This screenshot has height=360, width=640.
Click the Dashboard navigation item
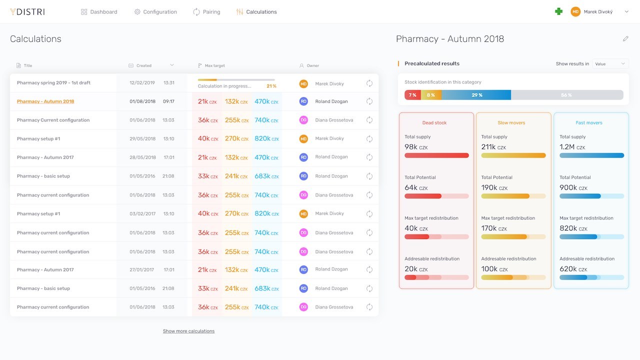pos(99,12)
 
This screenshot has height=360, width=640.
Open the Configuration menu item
pos(155,12)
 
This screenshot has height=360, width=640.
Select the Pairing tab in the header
pos(206,12)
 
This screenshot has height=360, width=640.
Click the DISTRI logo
pos(27,12)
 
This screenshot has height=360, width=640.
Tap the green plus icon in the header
pos(559,11)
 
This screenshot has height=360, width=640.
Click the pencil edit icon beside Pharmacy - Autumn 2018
pos(625,39)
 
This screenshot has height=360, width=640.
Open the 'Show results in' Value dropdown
pos(610,64)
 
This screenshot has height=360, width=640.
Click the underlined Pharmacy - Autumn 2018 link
pos(45,101)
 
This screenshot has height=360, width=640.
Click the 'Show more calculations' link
pos(188,331)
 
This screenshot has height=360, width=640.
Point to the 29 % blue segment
pos(476,95)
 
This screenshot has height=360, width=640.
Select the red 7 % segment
pos(412,95)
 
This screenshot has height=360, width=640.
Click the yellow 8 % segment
pos(431,95)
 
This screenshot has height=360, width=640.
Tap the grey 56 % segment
pos(566,95)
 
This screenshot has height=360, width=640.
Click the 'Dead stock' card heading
pos(434,123)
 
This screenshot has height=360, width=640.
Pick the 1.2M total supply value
pos(567,147)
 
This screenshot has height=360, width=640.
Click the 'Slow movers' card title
pos(510,123)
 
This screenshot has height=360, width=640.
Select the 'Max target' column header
pos(214,65)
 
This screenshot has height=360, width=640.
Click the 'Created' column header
pos(143,65)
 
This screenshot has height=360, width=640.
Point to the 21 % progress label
pos(271,86)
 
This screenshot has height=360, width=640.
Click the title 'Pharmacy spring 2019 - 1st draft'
pos(53,83)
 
